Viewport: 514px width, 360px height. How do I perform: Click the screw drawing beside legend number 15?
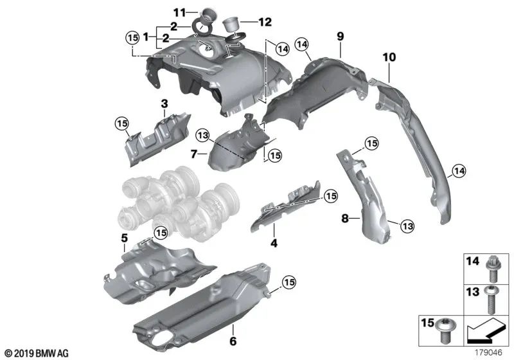[445, 330]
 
